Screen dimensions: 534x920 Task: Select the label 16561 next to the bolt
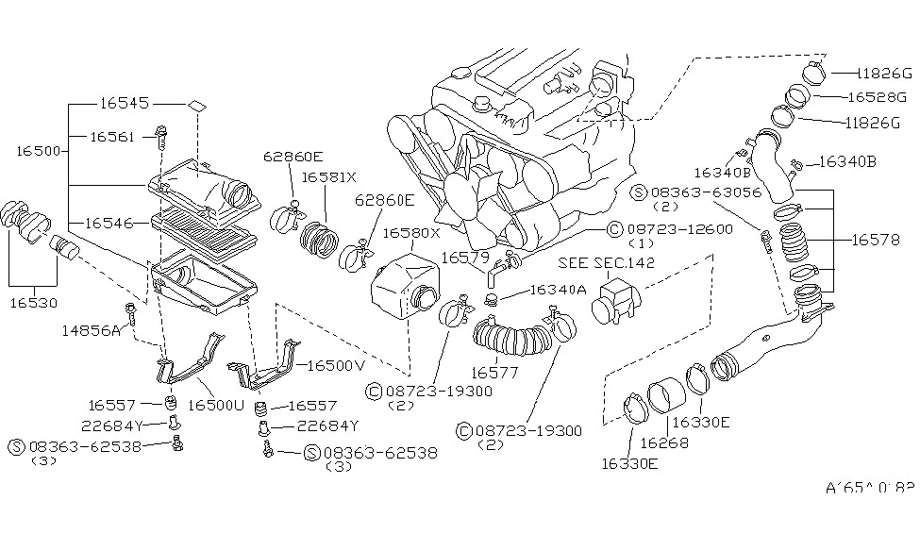click(115, 137)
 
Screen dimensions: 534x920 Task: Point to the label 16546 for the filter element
click(110, 224)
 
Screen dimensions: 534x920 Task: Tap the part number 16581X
click(328, 176)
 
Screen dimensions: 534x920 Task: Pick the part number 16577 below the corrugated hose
click(496, 373)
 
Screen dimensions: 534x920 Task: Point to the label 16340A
click(559, 290)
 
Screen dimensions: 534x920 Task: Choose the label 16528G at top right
click(877, 97)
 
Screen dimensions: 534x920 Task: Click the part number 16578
click(878, 242)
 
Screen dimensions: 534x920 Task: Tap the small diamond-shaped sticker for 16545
click(196, 105)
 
